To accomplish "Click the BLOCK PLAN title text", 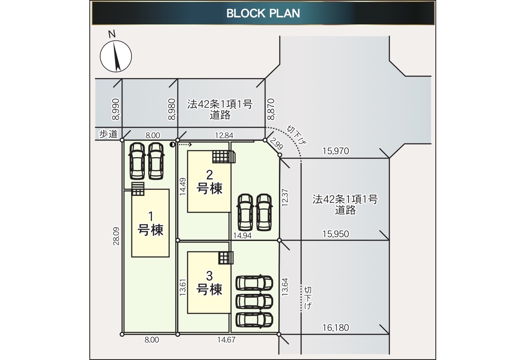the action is [x=263, y=13].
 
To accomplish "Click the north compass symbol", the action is [x=116, y=56].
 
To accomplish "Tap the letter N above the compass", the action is [x=112, y=34].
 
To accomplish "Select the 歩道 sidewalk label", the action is [x=108, y=134].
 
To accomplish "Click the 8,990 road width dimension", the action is [x=116, y=110].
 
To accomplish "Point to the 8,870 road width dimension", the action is [x=271, y=110].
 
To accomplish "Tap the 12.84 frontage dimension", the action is [x=224, y=135].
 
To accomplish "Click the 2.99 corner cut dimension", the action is [x=276, y=143].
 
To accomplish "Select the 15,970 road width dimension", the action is [x=336, y=151].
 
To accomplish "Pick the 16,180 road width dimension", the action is [x=336, y=328].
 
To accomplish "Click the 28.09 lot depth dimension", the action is [x=116, y=236].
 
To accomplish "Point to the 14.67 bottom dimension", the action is [x=226, y=340].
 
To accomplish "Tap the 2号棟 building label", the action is [x=209, y=182].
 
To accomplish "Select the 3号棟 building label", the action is [x=209, y=283].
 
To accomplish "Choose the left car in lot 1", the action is [x=137, y=161].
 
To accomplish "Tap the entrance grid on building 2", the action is [x=224, y=157].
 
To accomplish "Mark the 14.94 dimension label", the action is [x=242, y=235].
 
